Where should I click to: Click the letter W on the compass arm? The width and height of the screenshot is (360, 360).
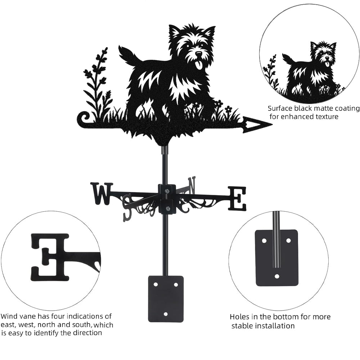(102, 194)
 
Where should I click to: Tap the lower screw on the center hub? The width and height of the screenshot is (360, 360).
(167, 209)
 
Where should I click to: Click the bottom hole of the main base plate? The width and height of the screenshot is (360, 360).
(166, 314)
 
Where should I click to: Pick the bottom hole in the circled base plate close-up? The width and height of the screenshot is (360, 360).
(277, 276)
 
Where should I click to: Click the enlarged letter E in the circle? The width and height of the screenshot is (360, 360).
(50, 258)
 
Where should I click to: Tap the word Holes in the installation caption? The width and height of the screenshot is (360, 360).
(237, 317)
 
